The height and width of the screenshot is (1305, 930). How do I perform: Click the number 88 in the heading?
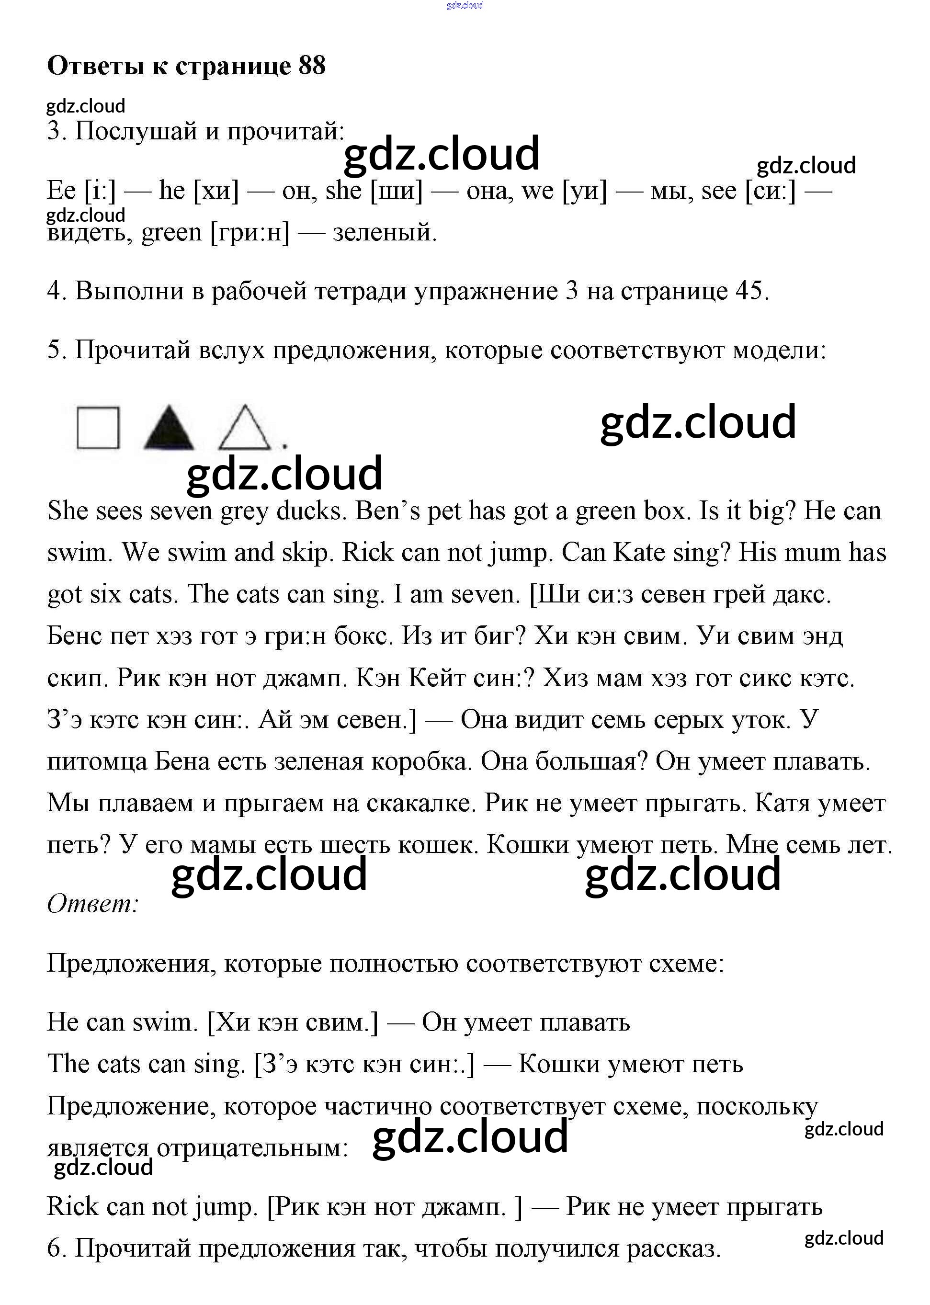(312, 66)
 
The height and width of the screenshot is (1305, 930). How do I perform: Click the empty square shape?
(98, 428)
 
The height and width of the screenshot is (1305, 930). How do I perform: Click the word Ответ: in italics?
(93, 904)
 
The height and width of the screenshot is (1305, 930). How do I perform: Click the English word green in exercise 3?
(171, 232)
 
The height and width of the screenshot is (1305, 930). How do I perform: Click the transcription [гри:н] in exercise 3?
(250, 232)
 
